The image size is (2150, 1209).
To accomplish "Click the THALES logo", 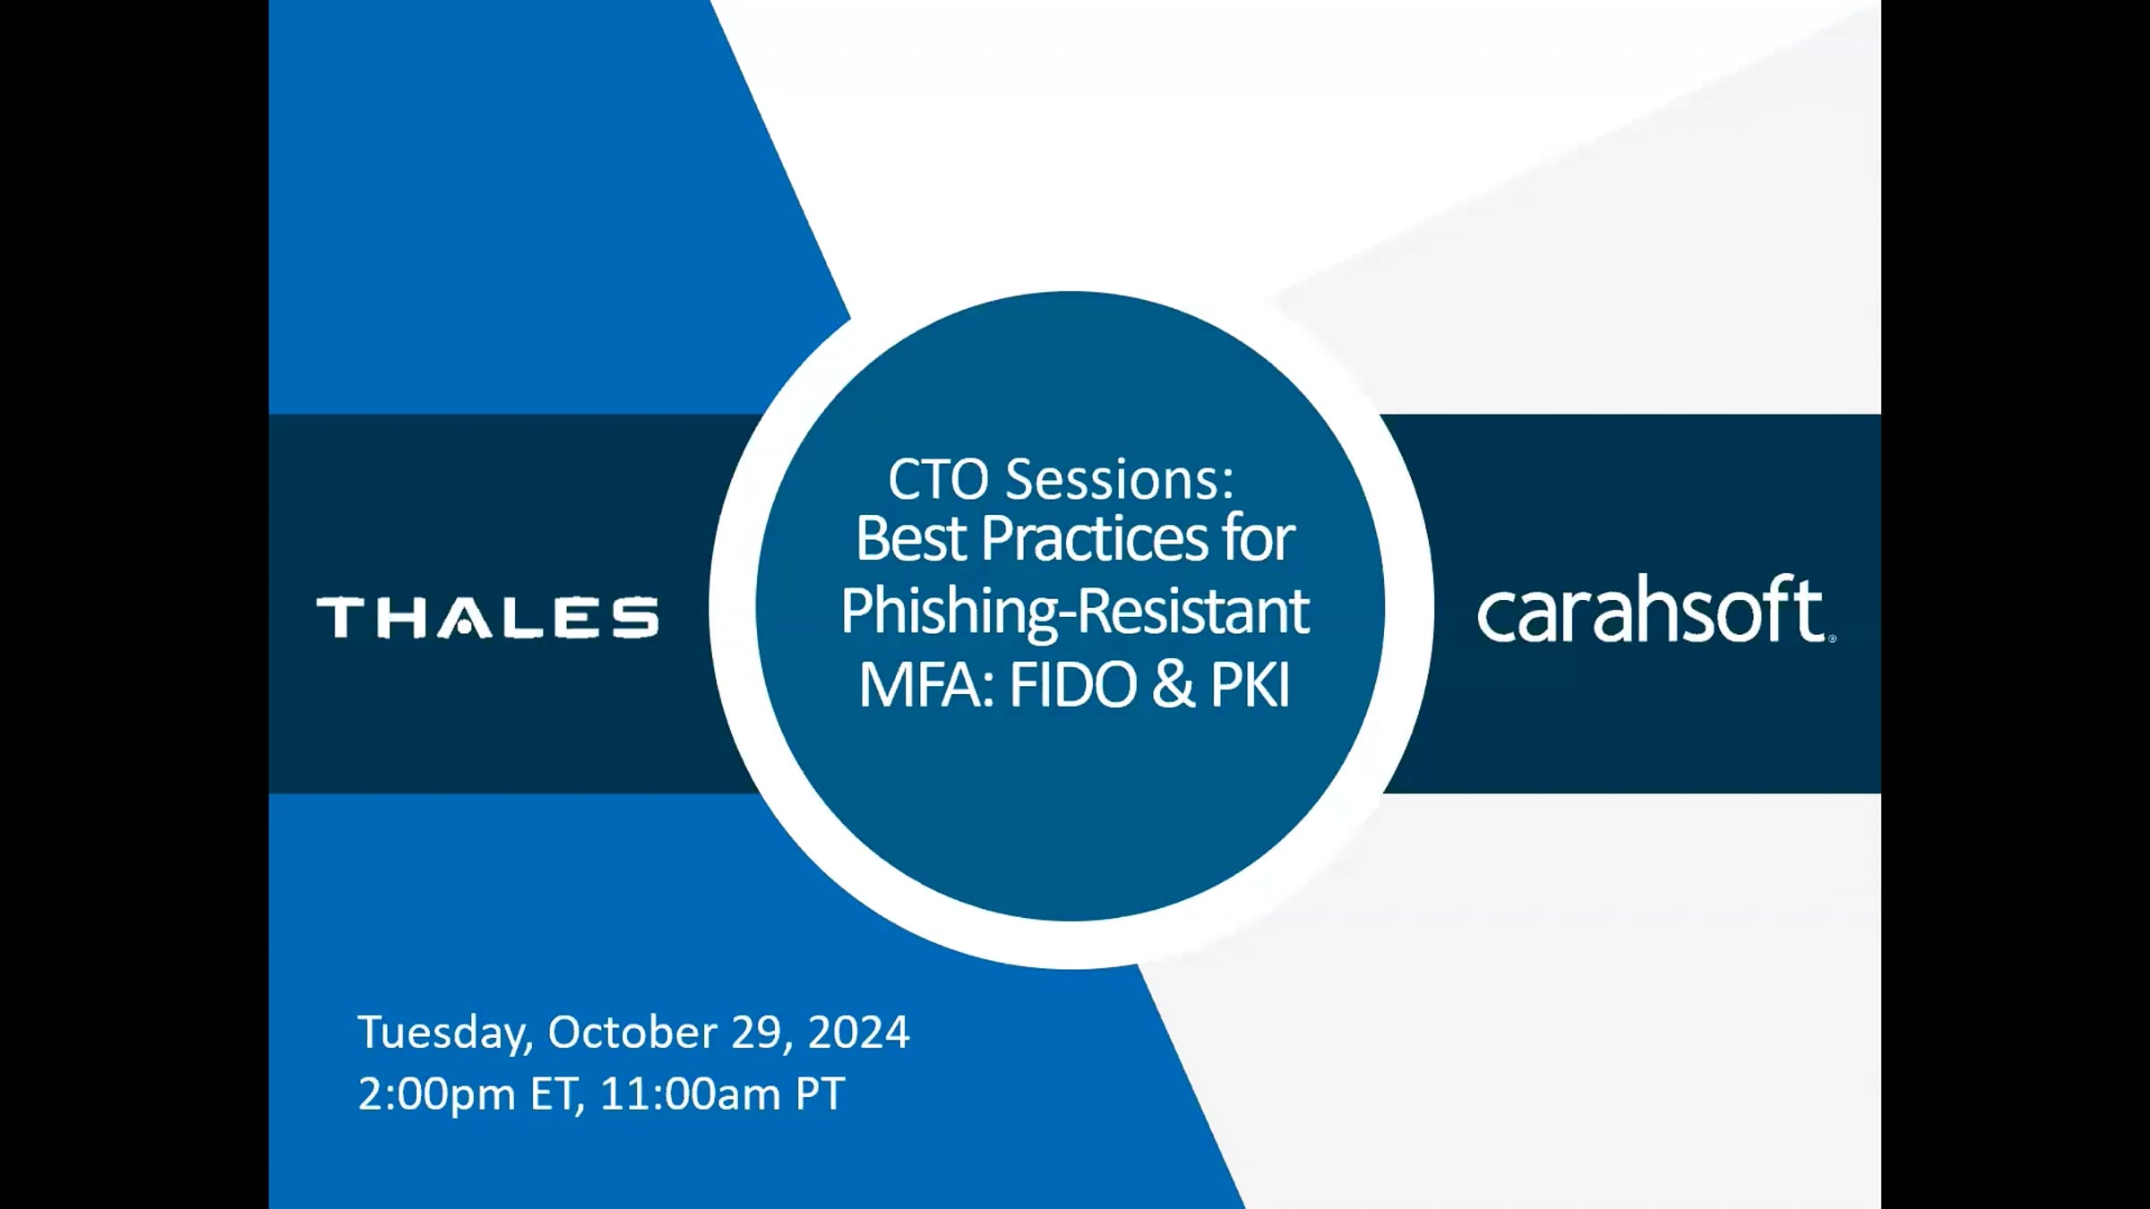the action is point(487,617).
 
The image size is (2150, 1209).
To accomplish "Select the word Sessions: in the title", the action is point(1120,479).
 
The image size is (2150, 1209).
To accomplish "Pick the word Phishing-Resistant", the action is point(1075,613).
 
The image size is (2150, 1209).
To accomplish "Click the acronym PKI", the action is point(1251,685).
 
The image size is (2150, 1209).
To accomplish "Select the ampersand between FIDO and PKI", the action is point(1174,685).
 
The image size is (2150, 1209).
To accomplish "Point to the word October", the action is point(632,1032).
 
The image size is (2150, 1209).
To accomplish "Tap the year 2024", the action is point(859,1032).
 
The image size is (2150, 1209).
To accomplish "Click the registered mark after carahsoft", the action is point(1832,639).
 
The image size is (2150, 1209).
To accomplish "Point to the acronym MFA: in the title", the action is point(927,685).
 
